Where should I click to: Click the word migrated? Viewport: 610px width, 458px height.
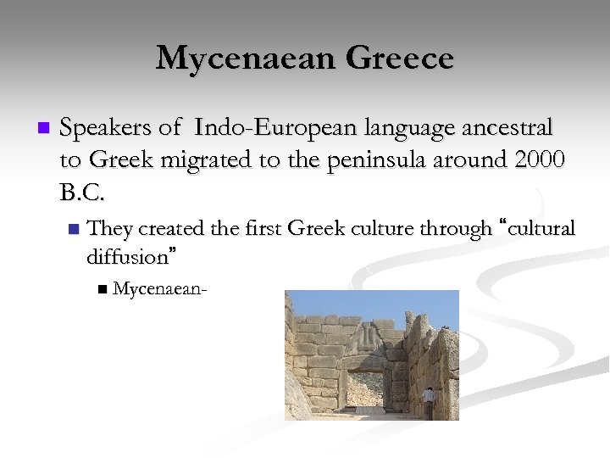tap(205, 160)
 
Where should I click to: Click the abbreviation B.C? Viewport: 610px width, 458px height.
tap(83, 193)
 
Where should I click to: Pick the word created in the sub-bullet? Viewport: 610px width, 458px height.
tap(169, 229)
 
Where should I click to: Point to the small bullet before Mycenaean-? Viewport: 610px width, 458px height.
tap(103, 290)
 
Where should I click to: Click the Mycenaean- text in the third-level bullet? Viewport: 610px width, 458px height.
tap(161, 289)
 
